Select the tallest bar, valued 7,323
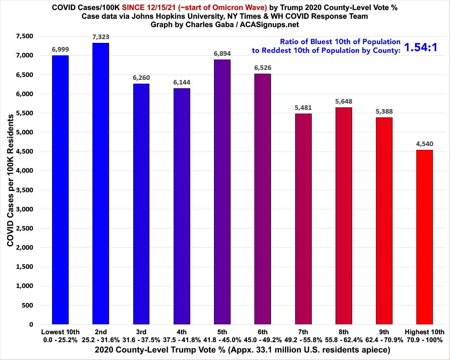(x=101, y=184)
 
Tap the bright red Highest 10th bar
(x=424, y=237)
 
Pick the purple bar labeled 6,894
(x=222, y=192)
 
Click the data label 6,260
(x=142, y=77)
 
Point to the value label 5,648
(x=343, y=101)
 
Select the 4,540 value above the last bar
(x=424, y=144)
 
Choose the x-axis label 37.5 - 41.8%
(x=182, y=339)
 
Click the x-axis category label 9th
(x=384, y=332)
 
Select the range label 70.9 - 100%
(x=424, y=339)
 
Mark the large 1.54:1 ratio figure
(x=421, y=47)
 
